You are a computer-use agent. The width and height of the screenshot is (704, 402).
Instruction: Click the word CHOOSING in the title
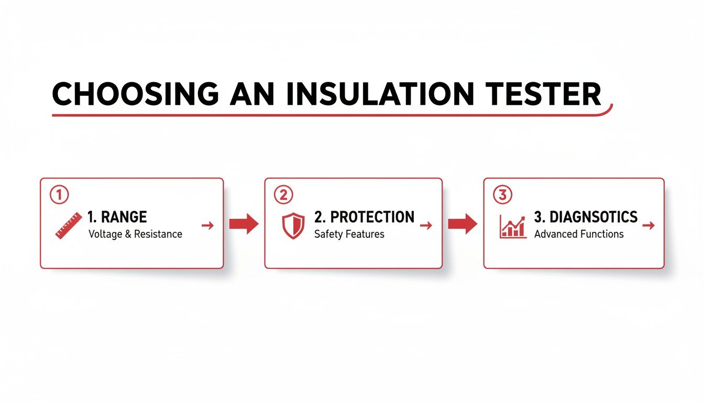[x=135, y=95]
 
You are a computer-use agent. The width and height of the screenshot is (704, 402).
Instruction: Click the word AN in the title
[x=251, y=95]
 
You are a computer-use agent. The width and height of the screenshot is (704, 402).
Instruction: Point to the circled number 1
[x=59, y=195]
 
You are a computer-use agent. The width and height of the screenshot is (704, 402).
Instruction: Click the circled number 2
[x=283, y=195]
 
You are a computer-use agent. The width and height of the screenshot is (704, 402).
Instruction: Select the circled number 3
[x=502, y=195]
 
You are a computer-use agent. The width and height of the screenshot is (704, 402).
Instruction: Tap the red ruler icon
[x=69, y=226]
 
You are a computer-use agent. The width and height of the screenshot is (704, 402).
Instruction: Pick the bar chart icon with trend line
[x=513, y=226]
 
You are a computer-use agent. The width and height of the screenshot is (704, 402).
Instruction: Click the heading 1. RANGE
[x=118, y=217]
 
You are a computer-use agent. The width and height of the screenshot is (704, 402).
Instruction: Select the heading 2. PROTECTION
[x=364, y=217]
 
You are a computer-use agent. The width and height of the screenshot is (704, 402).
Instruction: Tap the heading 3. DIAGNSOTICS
[x=586, y=217]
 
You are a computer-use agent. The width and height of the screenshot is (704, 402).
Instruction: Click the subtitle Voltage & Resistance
[x=135, y=234]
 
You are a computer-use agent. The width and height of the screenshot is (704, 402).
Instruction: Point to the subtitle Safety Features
[x=349, y=234]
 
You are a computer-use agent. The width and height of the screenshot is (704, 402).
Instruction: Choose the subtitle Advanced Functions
[x=579, y=234]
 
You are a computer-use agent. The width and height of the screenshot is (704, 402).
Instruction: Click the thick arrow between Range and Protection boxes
[x=244, y=224]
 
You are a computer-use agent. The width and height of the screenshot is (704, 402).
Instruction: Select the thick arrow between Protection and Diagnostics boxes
[x=463, y=224]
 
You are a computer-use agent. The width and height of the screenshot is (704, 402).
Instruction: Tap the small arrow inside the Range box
[x=207, y=226]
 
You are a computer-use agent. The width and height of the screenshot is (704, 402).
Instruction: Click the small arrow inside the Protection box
[x=426, y=226]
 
